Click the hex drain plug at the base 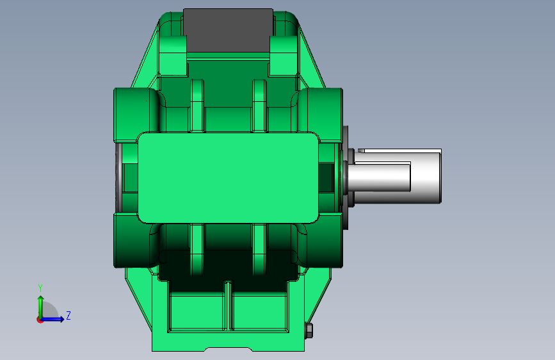click(x=309, y=331)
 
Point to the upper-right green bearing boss click(x=323, y=114)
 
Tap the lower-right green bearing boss click(x=323, y=240)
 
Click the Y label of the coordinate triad click(x=40, y=288)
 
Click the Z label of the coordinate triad click(x=68, y=316)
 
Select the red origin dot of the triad click(x=40, y=319)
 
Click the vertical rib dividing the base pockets click(x=229, y=306)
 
